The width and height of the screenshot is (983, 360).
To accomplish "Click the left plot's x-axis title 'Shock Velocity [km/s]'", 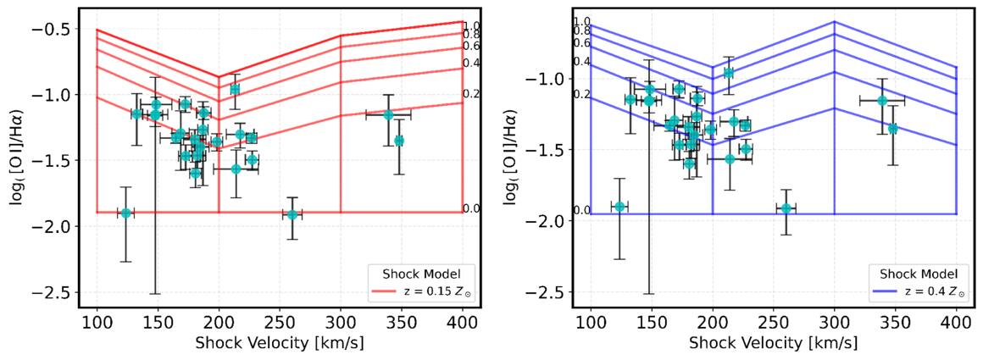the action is tap(280, 344).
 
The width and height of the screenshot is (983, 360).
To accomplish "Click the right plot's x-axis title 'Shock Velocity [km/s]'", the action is tap(773, 344).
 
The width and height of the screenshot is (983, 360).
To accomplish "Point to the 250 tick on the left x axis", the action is tap(280, 324).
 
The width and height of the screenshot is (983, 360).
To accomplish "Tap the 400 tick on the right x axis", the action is tap(956, 324).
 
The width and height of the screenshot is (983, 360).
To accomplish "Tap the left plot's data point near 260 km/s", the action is tap(292, 214).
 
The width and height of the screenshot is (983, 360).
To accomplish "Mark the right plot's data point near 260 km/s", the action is tap(786, 208).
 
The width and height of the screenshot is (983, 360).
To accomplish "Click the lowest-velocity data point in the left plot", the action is tap(126, 213).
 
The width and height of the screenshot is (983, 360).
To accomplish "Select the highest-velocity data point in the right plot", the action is tap(892, 129).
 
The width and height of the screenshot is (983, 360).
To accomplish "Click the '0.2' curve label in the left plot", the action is tap(471, 93).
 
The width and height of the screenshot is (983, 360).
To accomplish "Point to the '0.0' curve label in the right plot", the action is tap(582, 210).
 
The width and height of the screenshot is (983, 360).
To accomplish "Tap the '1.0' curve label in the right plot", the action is tap(582, 21).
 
